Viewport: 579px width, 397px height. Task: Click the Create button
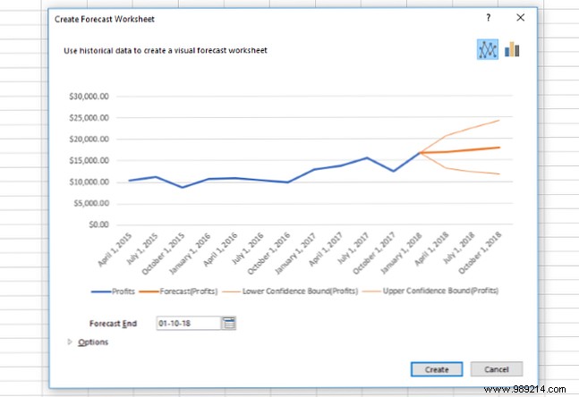pos(437,369)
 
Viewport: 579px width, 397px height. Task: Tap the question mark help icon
pos(488,17)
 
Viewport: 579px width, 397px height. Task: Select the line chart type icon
pos(487,50)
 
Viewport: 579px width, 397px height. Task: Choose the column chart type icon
pos(512,50)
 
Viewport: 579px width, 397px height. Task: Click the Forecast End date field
pos(187,323)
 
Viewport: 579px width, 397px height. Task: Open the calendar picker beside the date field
pos(229,323)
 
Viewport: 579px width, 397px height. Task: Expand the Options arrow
pos(71,342)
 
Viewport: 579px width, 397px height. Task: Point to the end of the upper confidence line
pos(499,120)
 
